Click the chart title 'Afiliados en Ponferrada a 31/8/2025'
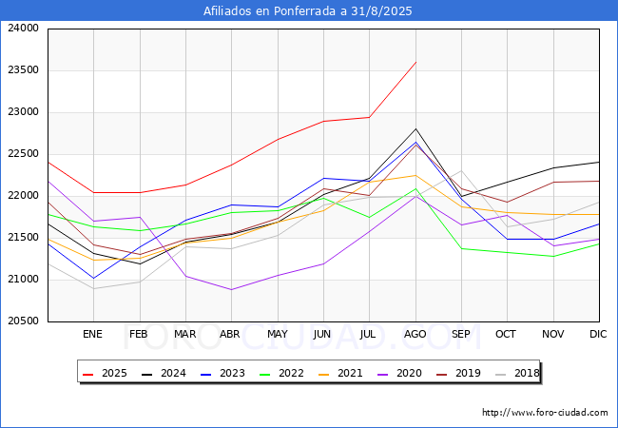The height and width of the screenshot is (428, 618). click(x=308, y=11)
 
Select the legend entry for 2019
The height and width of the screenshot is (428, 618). click(x=463, y=373)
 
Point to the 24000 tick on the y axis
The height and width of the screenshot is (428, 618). click(x=23, y=29)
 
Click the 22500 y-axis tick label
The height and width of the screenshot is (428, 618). click(x=23, y=154)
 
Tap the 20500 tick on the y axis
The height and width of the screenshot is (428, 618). click(x=23, y=321)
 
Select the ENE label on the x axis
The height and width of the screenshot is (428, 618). click(x=92, y=334)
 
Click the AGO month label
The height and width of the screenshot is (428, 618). click(x=415, y=334)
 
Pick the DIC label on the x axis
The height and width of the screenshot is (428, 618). click(x=598, y=334)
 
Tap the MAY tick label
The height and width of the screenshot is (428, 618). click(x=277, y=334)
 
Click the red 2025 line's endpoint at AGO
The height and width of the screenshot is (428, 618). click(x=415, y=62)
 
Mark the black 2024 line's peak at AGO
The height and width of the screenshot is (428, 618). click(x=415, y=128)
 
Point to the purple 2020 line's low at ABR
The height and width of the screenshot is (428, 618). click(x=231, y=289)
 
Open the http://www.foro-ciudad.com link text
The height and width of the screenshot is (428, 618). click(x=545, y=413)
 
